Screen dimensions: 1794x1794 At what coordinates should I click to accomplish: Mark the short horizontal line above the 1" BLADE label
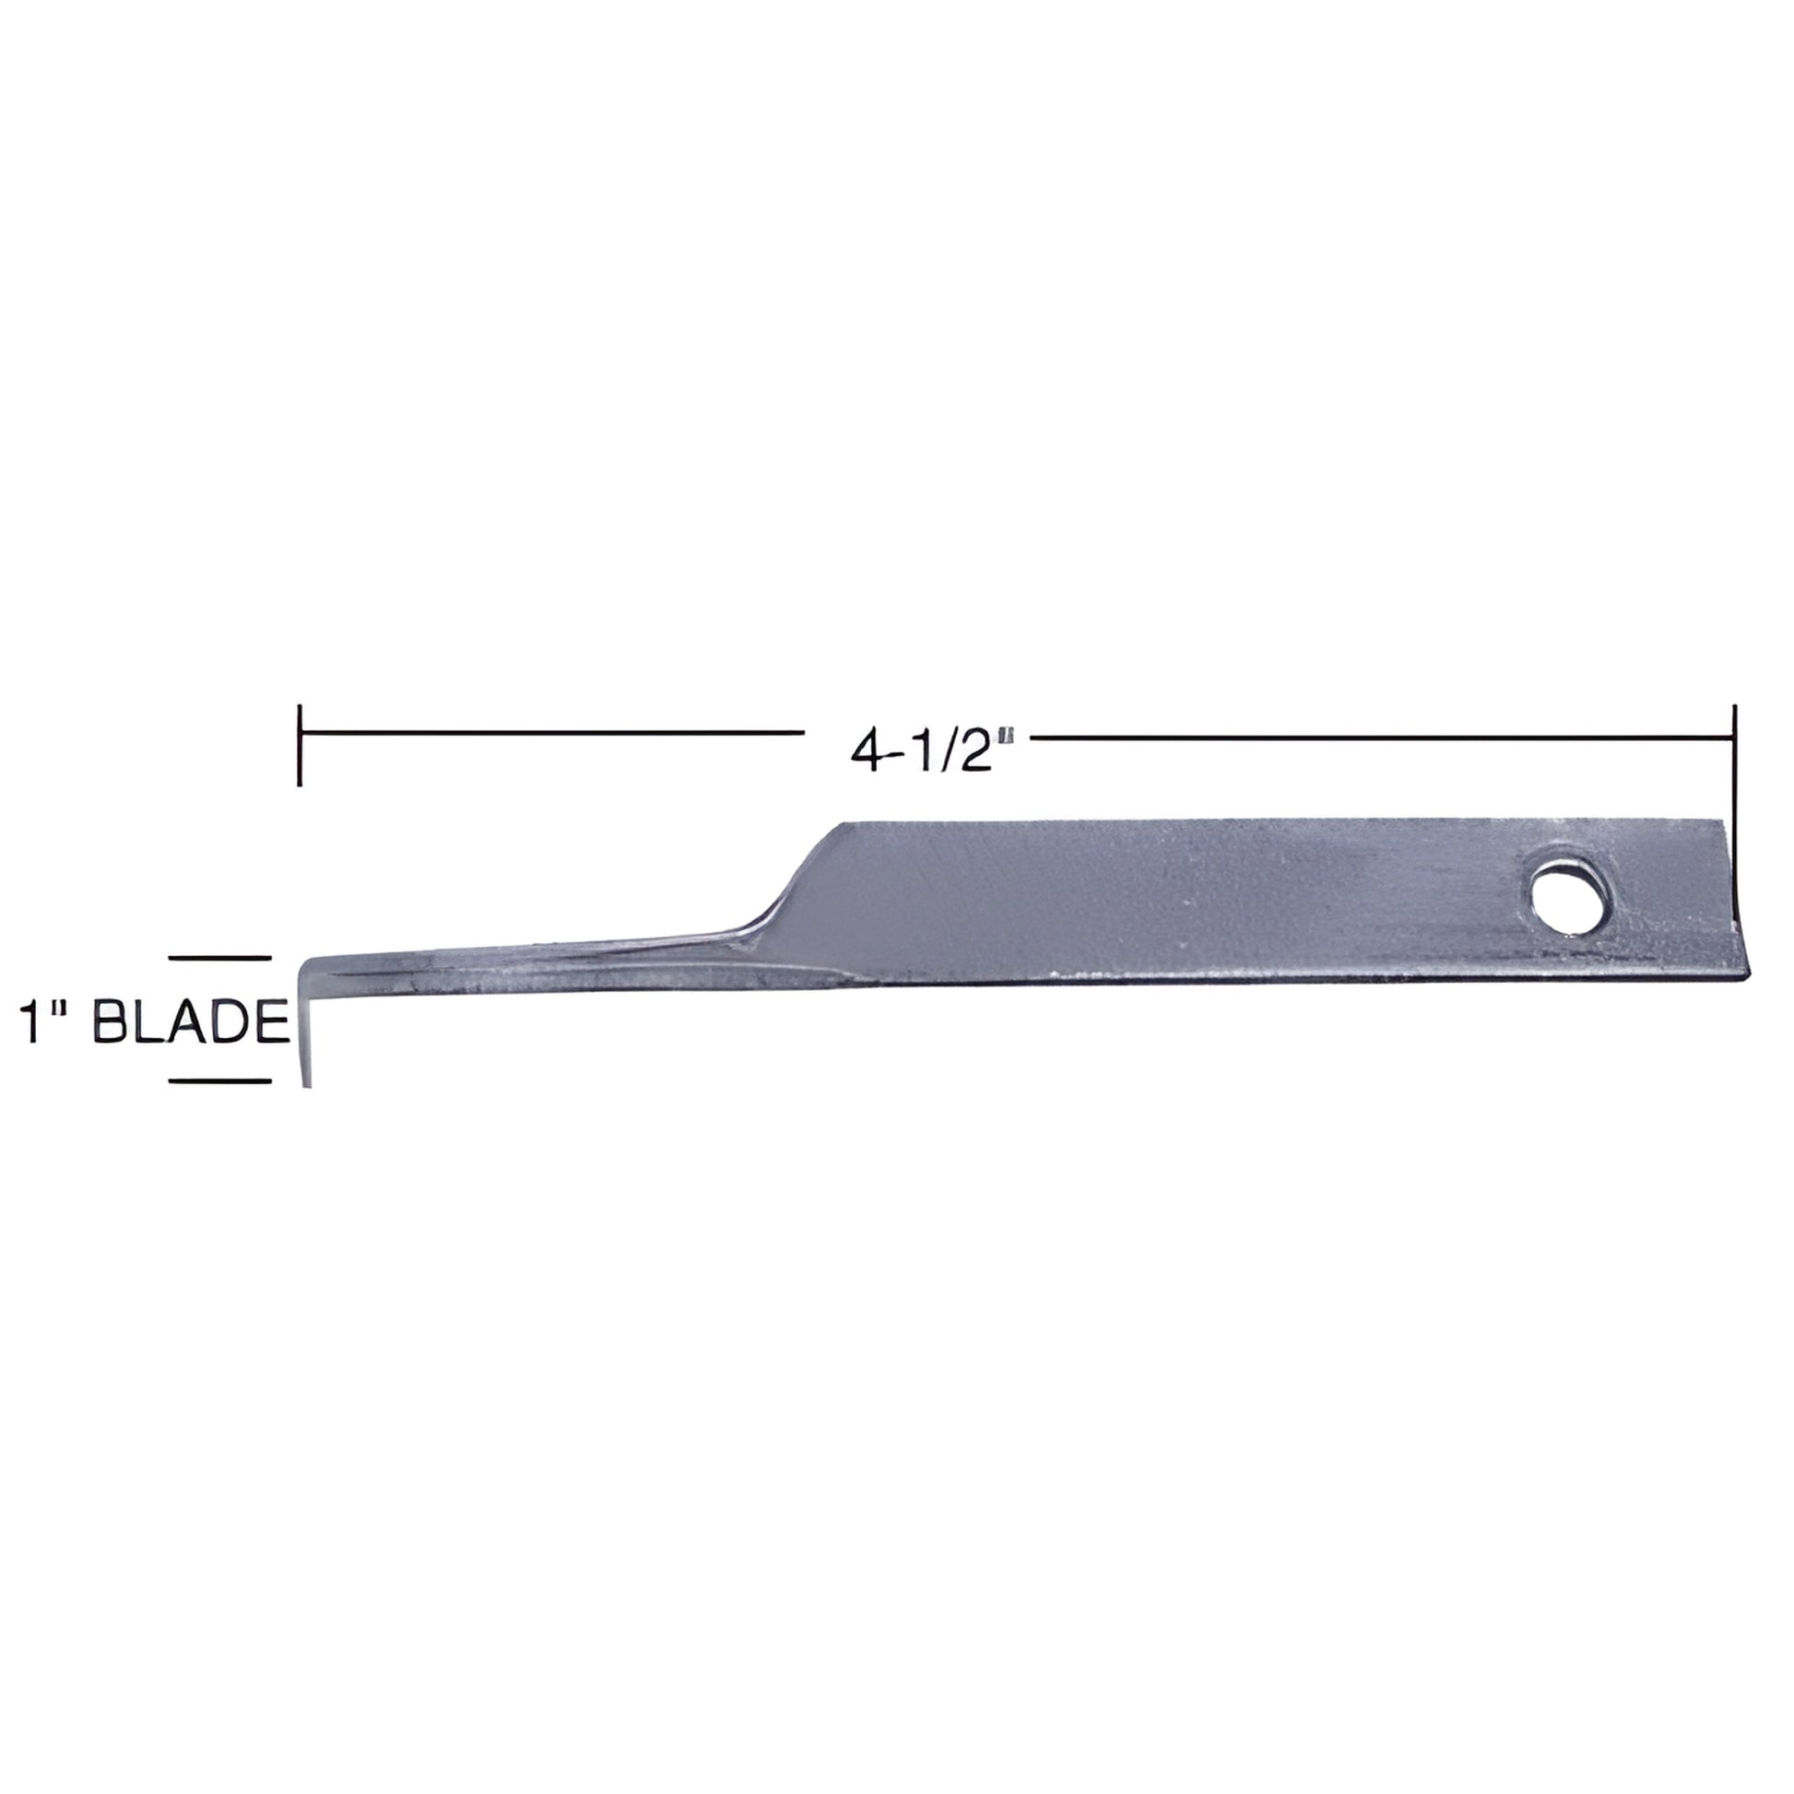click(x=219, y=957)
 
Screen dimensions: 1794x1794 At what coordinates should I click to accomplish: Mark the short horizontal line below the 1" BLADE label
click(x=219, y=1080)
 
